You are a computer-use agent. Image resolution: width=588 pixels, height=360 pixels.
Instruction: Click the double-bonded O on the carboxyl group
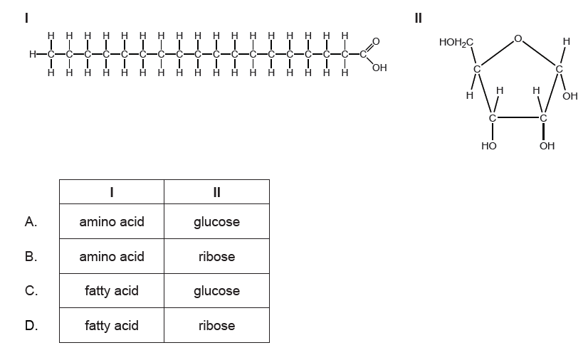376,41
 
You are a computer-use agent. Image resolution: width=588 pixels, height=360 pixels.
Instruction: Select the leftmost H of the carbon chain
33,54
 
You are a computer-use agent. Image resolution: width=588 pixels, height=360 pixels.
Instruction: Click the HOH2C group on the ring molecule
456,43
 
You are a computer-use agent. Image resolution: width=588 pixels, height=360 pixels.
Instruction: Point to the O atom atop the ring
518,38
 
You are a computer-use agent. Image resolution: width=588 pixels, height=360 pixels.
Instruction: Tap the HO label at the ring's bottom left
489,146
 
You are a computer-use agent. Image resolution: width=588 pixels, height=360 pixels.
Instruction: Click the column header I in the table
112,192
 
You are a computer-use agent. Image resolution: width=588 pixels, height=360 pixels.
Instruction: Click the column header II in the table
216,192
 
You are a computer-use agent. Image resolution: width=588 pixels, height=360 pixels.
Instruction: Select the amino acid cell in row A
112,222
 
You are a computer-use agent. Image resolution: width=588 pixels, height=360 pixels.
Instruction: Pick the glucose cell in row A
216,222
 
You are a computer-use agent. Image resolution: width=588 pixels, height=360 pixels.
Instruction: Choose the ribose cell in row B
216,256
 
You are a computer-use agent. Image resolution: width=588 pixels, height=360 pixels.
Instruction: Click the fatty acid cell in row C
112,291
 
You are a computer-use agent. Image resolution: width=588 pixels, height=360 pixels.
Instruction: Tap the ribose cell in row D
216,326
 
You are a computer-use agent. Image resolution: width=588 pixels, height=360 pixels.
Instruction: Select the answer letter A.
31,222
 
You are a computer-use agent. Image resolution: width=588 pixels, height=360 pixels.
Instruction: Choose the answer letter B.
31,256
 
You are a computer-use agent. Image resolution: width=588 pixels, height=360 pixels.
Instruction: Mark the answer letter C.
31,291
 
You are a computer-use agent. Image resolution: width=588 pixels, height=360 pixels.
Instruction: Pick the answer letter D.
31,326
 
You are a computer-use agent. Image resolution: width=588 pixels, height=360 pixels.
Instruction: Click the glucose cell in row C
216,291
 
